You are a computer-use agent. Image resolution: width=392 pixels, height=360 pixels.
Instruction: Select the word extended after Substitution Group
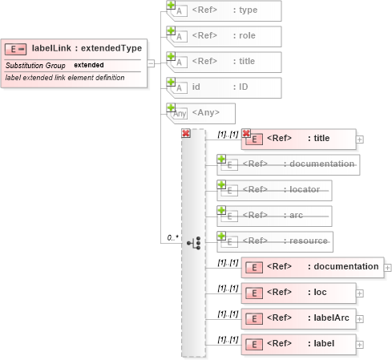(x=89, y=64)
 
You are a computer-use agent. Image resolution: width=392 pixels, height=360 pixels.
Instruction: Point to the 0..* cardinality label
(x=172, y=238)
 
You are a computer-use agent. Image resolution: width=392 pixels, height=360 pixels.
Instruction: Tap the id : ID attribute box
(x=224, y=87)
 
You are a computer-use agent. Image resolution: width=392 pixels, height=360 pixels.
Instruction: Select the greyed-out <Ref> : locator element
(x=276, y=190)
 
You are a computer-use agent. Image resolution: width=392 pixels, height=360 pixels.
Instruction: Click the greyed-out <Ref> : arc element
(x=276, y=216)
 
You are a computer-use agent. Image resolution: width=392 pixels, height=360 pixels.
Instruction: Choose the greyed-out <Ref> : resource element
(x=276, y=241)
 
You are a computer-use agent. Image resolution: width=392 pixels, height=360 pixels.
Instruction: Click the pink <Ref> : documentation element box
(x=313, y=266)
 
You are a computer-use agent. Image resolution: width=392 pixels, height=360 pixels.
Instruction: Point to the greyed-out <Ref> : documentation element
(x=289, y=164)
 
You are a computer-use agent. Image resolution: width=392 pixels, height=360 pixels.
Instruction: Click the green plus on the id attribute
(x=170, y=82)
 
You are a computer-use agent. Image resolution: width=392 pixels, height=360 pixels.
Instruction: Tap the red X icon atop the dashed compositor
(x=186, y=133)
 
